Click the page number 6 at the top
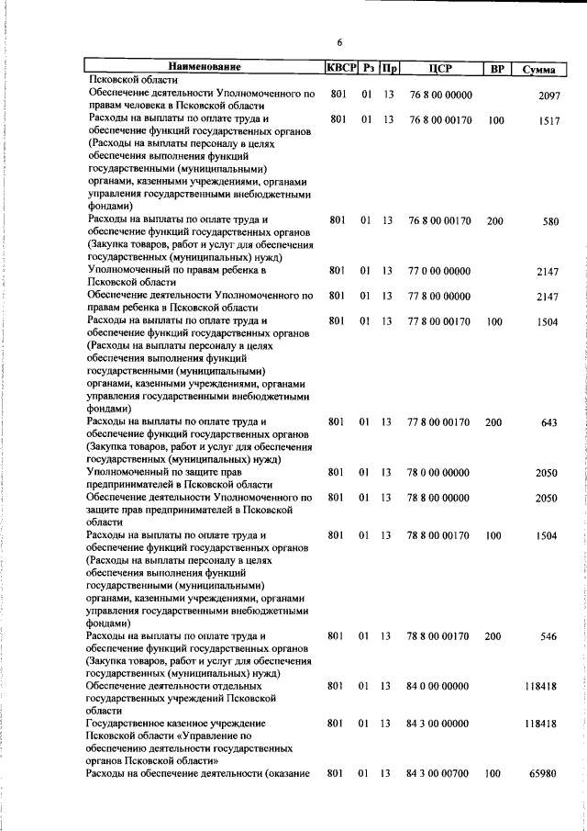coord(339,42)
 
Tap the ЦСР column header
coord(439,67)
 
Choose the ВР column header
coord(496,67)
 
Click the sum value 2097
coord(548,95)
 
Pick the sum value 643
coord(551,422)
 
